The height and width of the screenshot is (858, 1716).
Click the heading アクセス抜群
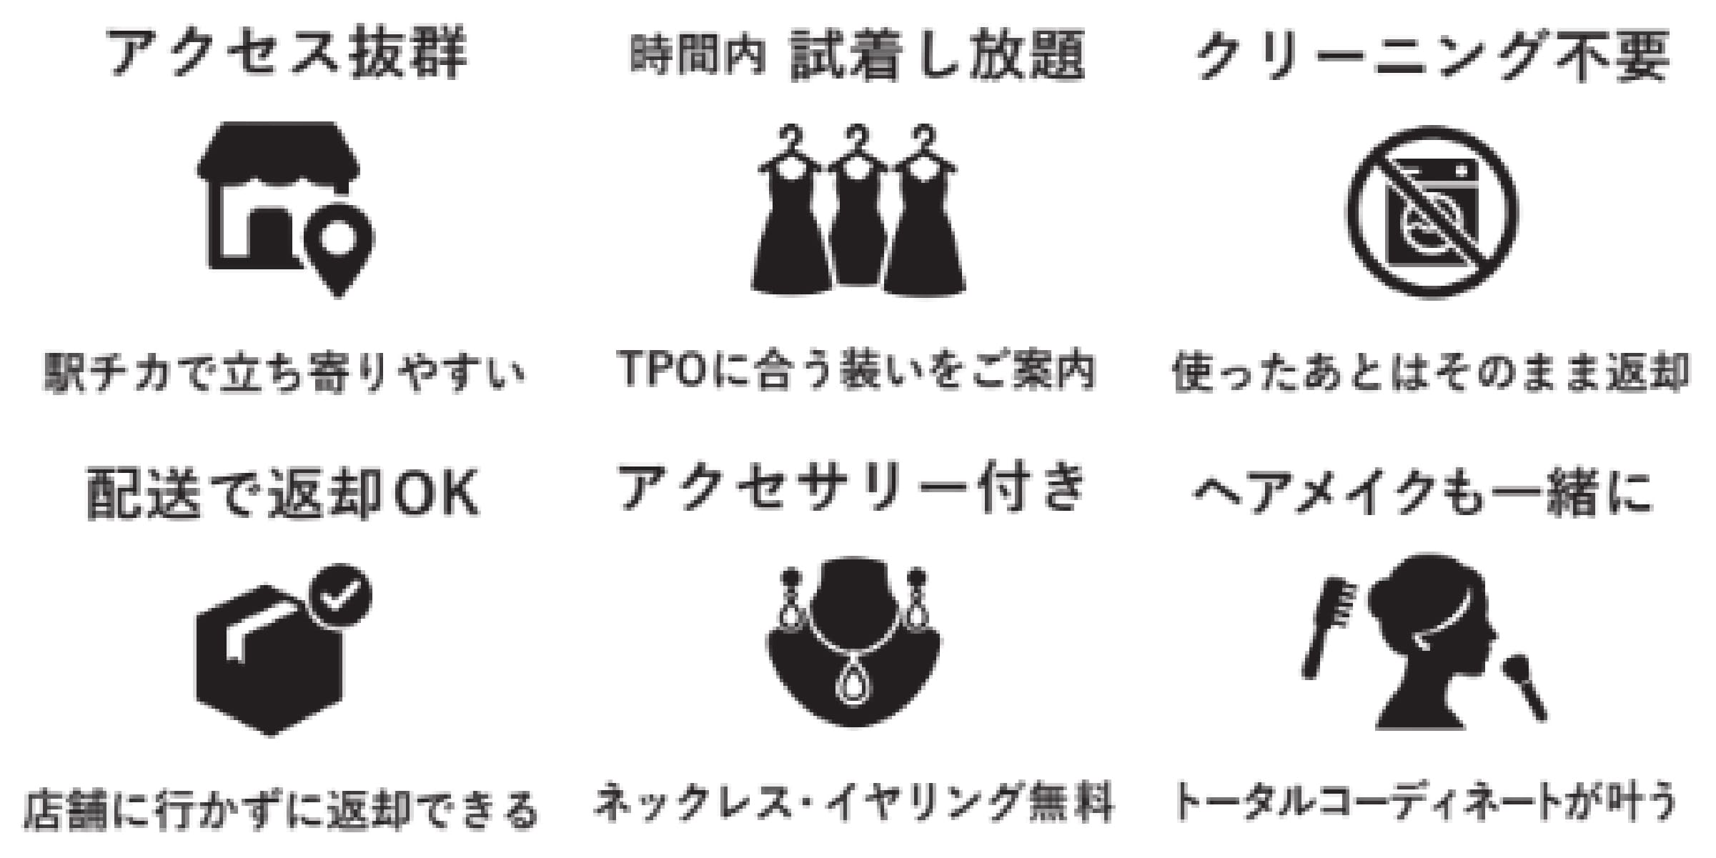(x=287, y=54)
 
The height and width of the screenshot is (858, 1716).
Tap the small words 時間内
(x=698, y=55)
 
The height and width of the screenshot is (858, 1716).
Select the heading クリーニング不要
(x=1433, y=55)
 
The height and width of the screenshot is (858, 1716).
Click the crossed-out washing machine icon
(x=1432, y=212)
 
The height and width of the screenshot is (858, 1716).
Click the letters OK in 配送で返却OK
(x=437, y=492)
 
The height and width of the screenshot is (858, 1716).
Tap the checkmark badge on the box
(x=339, y=596)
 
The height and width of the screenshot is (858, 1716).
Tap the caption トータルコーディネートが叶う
(x=1424, y=802)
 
